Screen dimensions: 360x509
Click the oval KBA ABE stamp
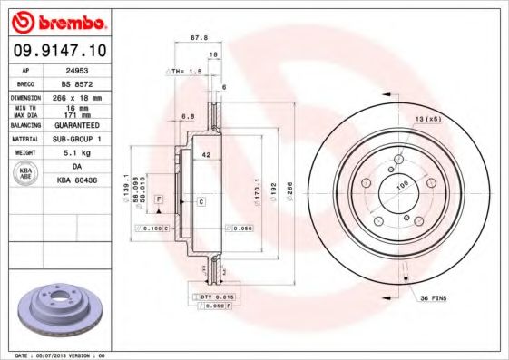(x=26, y=174)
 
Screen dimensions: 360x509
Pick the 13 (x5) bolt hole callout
(x=426, y=120)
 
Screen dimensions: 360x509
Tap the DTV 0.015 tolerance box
(x=211, y=297)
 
